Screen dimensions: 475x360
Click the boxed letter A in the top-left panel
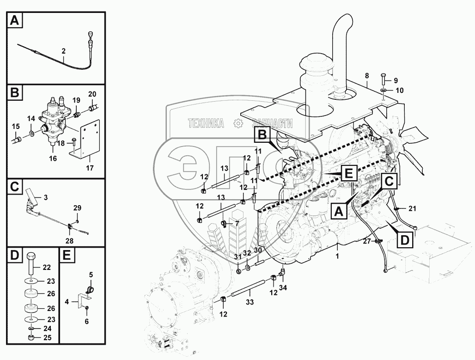tap(14, 21)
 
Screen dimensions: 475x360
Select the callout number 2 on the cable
tap(63, 51)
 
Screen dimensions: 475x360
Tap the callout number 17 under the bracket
tap(90, 168)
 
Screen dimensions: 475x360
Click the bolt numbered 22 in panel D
tap(32, 264)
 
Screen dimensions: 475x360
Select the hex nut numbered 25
tap(31, 337)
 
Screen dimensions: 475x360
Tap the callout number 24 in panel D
tap(48, 329)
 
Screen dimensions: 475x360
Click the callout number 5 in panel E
tap(91, 275)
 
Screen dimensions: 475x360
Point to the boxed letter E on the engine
tap(349, 174)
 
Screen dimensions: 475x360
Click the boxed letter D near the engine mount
tap(405, 240)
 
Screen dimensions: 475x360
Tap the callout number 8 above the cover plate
tap(367, 75)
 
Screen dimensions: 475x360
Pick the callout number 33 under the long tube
tap(250, 302)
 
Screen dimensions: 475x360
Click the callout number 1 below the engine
tap(337, 256)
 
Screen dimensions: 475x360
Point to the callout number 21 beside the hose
tap(413, 208)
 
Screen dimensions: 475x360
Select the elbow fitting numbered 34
tap(281, 272)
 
